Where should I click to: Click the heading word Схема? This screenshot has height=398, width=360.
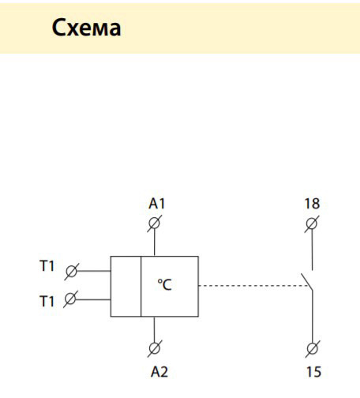click(x=87, y=28)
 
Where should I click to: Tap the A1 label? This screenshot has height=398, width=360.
click(x=157, y=204)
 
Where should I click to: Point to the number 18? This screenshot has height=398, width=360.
click(x=313, y=204)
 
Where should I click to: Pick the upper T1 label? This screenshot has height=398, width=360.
click(x=47, y=267)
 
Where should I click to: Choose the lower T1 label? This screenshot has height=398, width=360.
click(x=47, y=302)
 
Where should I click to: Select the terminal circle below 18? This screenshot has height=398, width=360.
click(x=313, y=223)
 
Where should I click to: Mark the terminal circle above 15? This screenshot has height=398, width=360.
click(x=313, y=347)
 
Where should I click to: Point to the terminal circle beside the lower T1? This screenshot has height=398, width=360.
click(x=71, y=298)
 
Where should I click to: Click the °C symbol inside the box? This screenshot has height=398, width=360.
click(x=164, y=285)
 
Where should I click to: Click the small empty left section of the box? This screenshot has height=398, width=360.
click(x=125, y=286)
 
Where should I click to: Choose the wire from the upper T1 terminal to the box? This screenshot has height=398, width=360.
click(x=94, y=270)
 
